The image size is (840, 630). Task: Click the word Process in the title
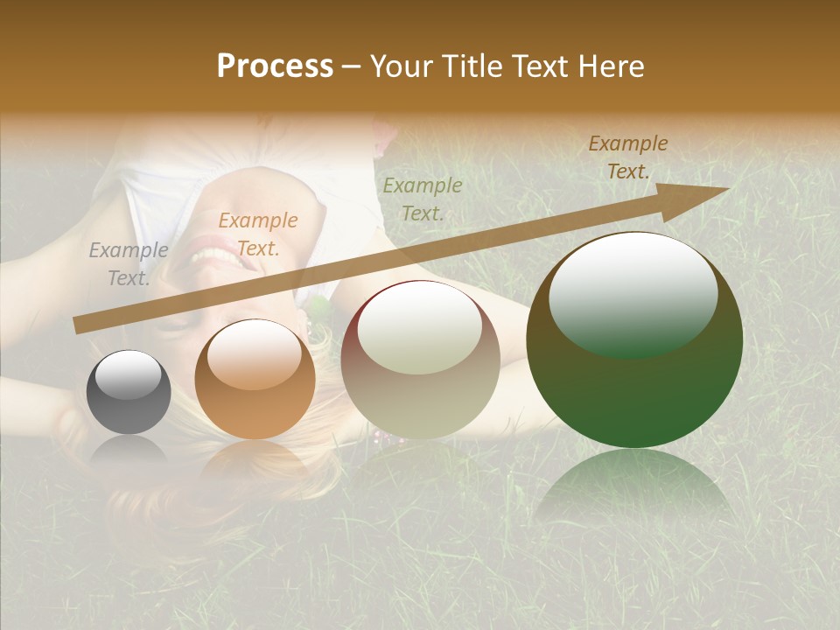coord(275,66)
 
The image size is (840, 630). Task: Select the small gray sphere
coord(129,392)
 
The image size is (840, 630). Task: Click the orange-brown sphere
coord(255,380)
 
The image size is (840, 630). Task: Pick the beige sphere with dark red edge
coord(421,360)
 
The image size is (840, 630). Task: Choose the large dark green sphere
coord(634,339)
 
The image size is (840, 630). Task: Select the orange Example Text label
coord(258,234)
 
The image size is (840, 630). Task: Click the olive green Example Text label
coord(423,199)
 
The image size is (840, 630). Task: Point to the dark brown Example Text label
coord(628,157)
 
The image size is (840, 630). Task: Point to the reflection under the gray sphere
coord(129,451)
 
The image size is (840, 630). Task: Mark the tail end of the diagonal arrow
coord(79,325)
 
